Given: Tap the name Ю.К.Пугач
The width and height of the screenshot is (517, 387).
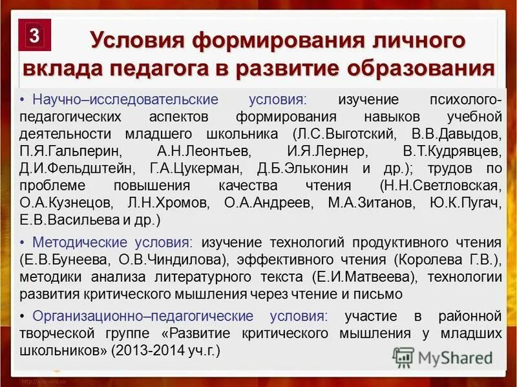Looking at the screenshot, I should pos(465,203).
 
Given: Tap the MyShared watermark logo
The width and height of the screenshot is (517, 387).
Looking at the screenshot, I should pos(443,357).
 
